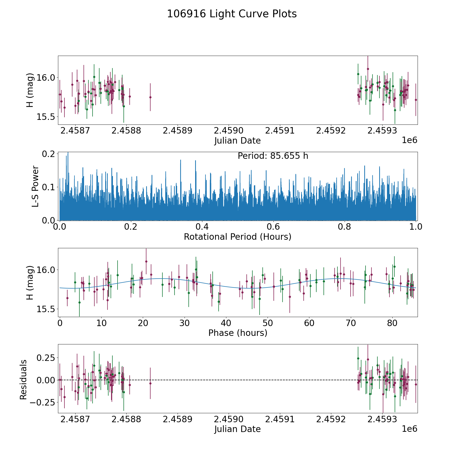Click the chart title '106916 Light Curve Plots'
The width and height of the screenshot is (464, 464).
pos(232,14)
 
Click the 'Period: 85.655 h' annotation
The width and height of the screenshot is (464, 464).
pos(273,156)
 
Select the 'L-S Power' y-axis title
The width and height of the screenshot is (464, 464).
pos(35,186)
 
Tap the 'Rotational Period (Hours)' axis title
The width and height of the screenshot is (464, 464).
pos(237,237)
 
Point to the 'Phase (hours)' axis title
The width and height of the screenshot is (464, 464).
pos(238,333)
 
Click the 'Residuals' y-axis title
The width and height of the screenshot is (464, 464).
pos(23,379)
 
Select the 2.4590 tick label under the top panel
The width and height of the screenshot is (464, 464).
pos(229,130)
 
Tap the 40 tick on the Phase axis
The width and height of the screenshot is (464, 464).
pos(226,323)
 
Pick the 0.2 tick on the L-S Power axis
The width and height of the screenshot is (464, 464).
pos(49,154)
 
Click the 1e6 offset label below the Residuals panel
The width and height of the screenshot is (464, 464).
pos(409,429)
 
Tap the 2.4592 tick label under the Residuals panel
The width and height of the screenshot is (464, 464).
pos(331,419)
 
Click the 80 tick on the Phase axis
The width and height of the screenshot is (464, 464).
pos(392,323)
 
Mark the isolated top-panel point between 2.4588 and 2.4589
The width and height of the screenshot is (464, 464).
pos(150,97)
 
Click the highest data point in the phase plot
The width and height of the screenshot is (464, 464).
pos(146,261)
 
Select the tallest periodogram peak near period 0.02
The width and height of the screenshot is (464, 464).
pos(68,153)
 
